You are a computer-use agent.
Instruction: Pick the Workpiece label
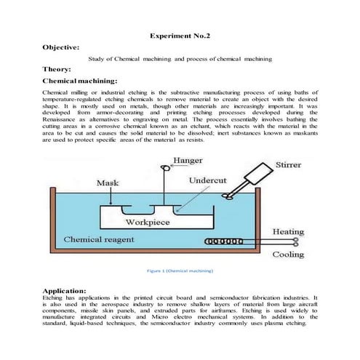coord(148,221)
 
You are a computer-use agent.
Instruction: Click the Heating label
coord(288,231)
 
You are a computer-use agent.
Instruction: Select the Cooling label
coord(288,255)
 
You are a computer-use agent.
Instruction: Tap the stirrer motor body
coord(256,175)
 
